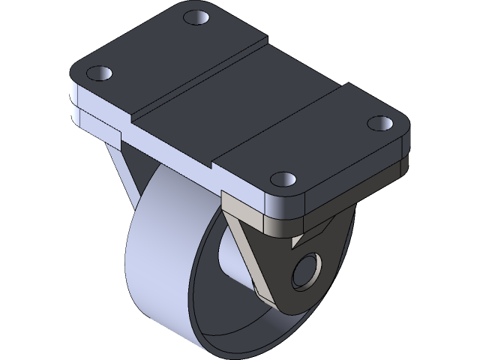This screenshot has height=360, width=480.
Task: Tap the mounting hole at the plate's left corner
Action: (x=99, y=73)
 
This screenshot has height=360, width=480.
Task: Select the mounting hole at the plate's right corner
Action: (x=380, y=121)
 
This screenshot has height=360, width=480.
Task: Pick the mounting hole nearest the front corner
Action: (x=282, y=179)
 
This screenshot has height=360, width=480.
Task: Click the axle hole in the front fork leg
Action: (x=306, y=271)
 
